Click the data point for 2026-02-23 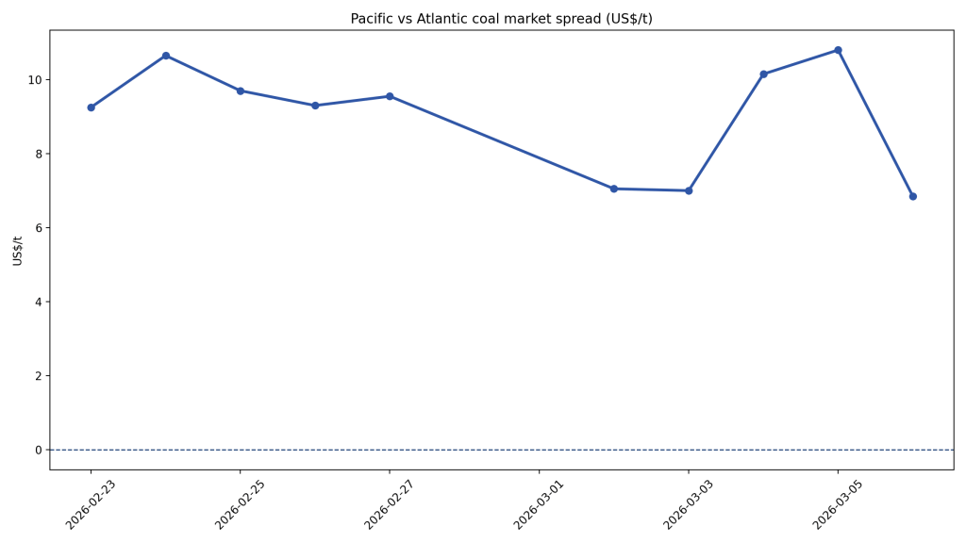point(91,107)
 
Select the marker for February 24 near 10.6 point(166,56)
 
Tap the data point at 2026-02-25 point(241,90)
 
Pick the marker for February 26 point(315,106)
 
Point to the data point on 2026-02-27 point(390,96)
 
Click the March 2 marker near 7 point(613,189)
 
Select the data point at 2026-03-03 point(689,190)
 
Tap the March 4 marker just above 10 point(763,74)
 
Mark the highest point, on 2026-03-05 point(838,50)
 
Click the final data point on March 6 point(912,196)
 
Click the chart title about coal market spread point(501,19)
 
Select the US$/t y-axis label point(18,250)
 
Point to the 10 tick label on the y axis point(35,79)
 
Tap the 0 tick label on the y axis point(39,450)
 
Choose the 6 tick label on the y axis point(39,228)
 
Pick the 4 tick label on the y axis point(39,302)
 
